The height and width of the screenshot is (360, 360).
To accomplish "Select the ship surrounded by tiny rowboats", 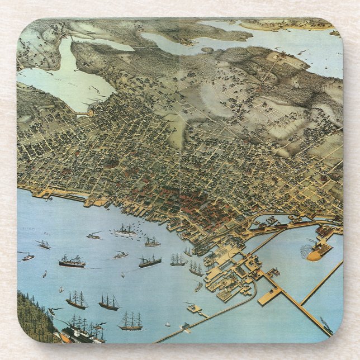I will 125,229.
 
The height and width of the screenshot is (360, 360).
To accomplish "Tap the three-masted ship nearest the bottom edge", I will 130,321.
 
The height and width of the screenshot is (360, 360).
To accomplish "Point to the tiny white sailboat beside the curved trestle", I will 167,324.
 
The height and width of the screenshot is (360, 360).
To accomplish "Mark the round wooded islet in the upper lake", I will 207,50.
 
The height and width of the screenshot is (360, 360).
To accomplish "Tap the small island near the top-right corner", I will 334,33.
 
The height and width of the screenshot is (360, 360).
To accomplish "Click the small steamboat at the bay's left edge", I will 27,257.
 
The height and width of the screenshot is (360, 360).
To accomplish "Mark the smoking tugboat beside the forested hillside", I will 54,310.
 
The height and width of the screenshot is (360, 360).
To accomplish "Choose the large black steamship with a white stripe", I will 72,262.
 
